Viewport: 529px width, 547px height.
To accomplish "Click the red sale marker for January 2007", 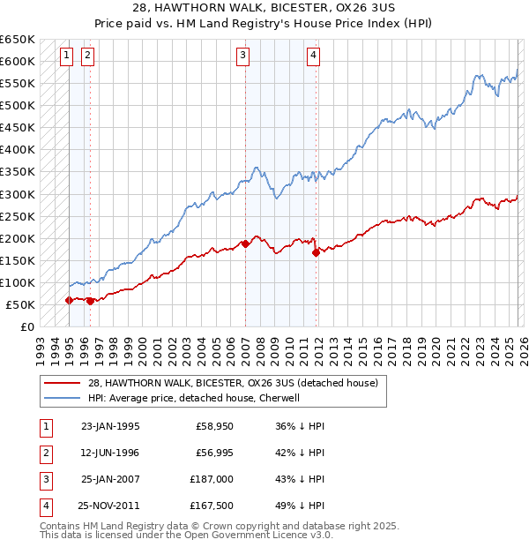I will [244, 244].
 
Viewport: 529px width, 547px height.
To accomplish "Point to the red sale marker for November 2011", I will [316, 252].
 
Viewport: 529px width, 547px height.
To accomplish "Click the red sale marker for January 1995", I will [69, 301].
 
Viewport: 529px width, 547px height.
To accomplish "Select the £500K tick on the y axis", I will [18, 106].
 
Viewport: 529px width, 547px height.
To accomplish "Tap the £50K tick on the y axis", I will [21, 305].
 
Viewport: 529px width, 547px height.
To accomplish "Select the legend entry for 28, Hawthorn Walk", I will [233, 383].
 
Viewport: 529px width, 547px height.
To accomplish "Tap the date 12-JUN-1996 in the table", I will [110, 452].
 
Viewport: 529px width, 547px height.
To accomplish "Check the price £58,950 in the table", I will [214, 426].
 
